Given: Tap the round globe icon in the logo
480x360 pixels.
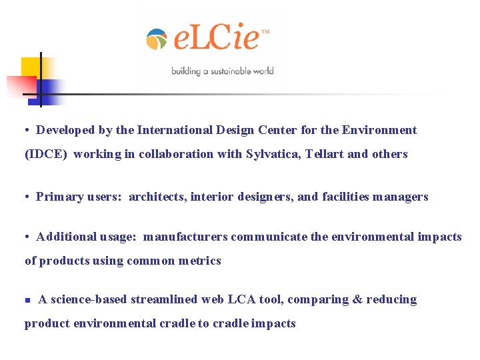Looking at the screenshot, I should click(157, 39).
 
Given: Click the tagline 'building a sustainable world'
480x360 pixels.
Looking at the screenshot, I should click(222, 71).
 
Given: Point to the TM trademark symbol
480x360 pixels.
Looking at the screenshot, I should click(265, 31).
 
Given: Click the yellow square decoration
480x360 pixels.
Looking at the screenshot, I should click(31, 67).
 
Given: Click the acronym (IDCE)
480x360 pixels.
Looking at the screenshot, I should click(46, 154).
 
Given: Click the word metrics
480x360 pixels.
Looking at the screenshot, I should click(199, 261).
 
